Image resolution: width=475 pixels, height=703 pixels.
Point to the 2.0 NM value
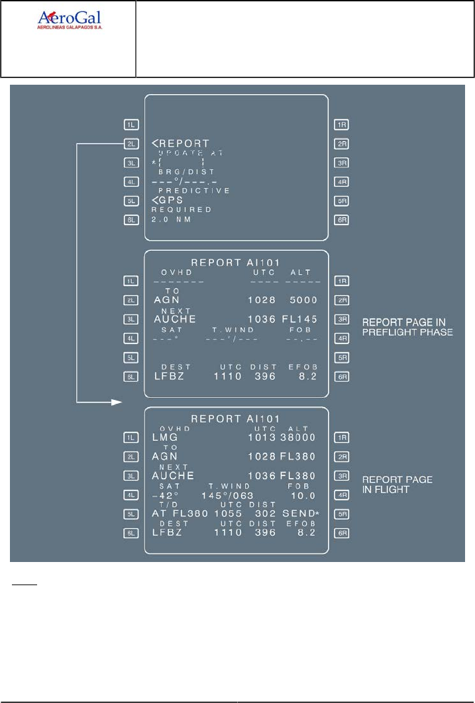(170, 220)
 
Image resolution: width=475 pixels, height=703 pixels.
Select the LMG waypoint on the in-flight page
(165, 438)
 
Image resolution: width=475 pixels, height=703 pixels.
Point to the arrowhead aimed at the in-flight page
(117, 402)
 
